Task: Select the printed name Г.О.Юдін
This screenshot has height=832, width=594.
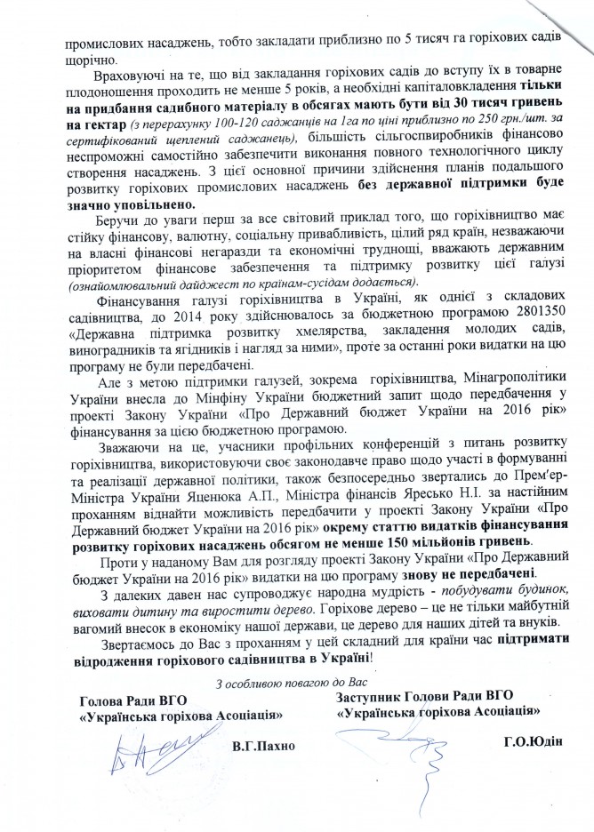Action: (534, 738)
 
